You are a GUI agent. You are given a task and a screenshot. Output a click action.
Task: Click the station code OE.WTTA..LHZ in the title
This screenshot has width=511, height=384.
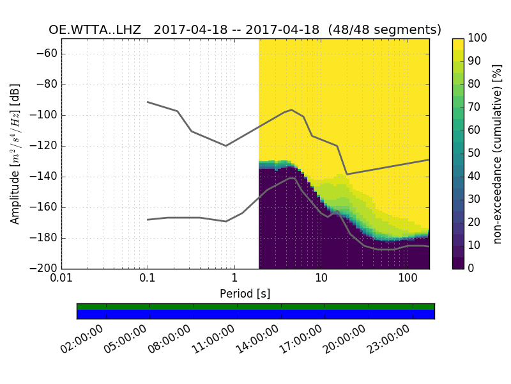click(x=97, y=29)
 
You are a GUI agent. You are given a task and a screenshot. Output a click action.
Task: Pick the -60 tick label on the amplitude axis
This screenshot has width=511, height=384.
click(x=49, y=54)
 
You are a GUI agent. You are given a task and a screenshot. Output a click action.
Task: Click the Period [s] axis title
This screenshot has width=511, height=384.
click(x=245, y=294)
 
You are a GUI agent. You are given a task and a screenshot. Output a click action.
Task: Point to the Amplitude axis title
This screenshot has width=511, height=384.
click(x=15, y=154)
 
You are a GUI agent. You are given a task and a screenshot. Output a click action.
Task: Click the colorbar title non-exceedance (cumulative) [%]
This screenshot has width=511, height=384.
click(x=499, y=154)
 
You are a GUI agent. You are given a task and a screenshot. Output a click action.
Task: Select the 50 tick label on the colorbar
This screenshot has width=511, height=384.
click(x=477, y=154)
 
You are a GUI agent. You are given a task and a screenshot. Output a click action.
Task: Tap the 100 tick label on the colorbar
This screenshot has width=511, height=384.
click(x=479, y=38)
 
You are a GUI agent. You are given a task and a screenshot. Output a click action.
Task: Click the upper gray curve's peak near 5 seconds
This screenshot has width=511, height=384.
click(x=292, y=109)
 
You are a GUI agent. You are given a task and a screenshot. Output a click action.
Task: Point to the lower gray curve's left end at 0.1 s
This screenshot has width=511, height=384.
click(x=148, y=220)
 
